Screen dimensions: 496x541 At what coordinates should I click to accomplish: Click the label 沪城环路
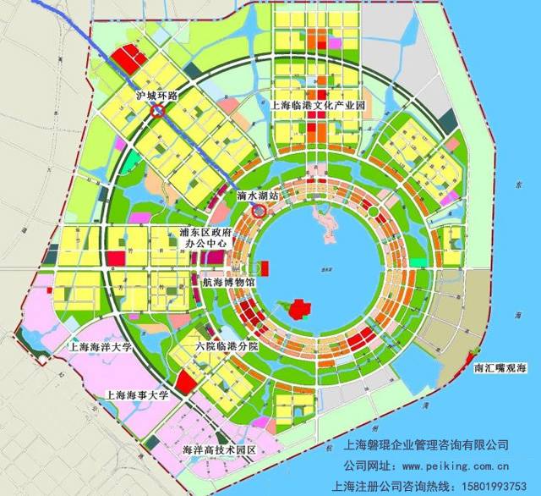156,96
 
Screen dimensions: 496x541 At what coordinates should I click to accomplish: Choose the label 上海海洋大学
101,347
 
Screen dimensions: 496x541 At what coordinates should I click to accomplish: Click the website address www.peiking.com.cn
443,465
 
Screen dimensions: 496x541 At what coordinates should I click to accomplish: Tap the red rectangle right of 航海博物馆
265,269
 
